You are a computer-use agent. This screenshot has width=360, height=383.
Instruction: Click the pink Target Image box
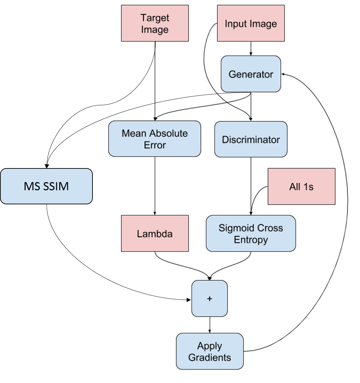155,23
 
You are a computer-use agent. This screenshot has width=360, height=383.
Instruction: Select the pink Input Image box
251,23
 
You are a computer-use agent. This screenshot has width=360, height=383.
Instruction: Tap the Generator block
251,74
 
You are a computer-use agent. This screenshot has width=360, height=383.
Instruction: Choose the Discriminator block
251,139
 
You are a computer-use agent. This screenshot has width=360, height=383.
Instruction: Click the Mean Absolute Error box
155,139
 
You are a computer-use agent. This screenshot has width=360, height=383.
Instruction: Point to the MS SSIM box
46,186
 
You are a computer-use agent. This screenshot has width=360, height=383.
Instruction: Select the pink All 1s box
301,187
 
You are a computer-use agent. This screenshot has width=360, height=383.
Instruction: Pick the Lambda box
155,234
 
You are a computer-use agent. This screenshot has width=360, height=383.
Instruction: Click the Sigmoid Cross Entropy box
251,234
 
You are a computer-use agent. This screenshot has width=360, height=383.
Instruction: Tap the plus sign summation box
210,299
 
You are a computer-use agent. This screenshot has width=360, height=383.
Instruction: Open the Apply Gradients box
210,352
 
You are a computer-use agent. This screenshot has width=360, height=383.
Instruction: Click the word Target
155,18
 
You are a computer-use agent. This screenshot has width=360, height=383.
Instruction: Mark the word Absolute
169,133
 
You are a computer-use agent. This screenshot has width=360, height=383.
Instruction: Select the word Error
155,145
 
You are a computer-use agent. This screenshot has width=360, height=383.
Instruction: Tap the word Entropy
251,240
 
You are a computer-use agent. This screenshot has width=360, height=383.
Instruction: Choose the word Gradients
210,358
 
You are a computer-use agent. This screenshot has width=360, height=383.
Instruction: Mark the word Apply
210,346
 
